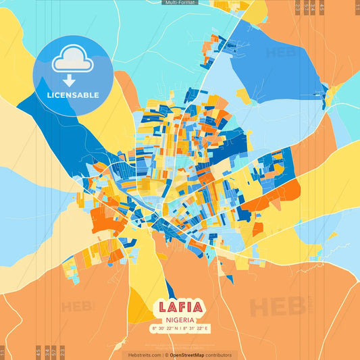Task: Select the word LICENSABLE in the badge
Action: tap(73, 95)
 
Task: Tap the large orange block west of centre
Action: tap(105, 217)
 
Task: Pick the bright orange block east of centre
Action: tap(280, 192)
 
